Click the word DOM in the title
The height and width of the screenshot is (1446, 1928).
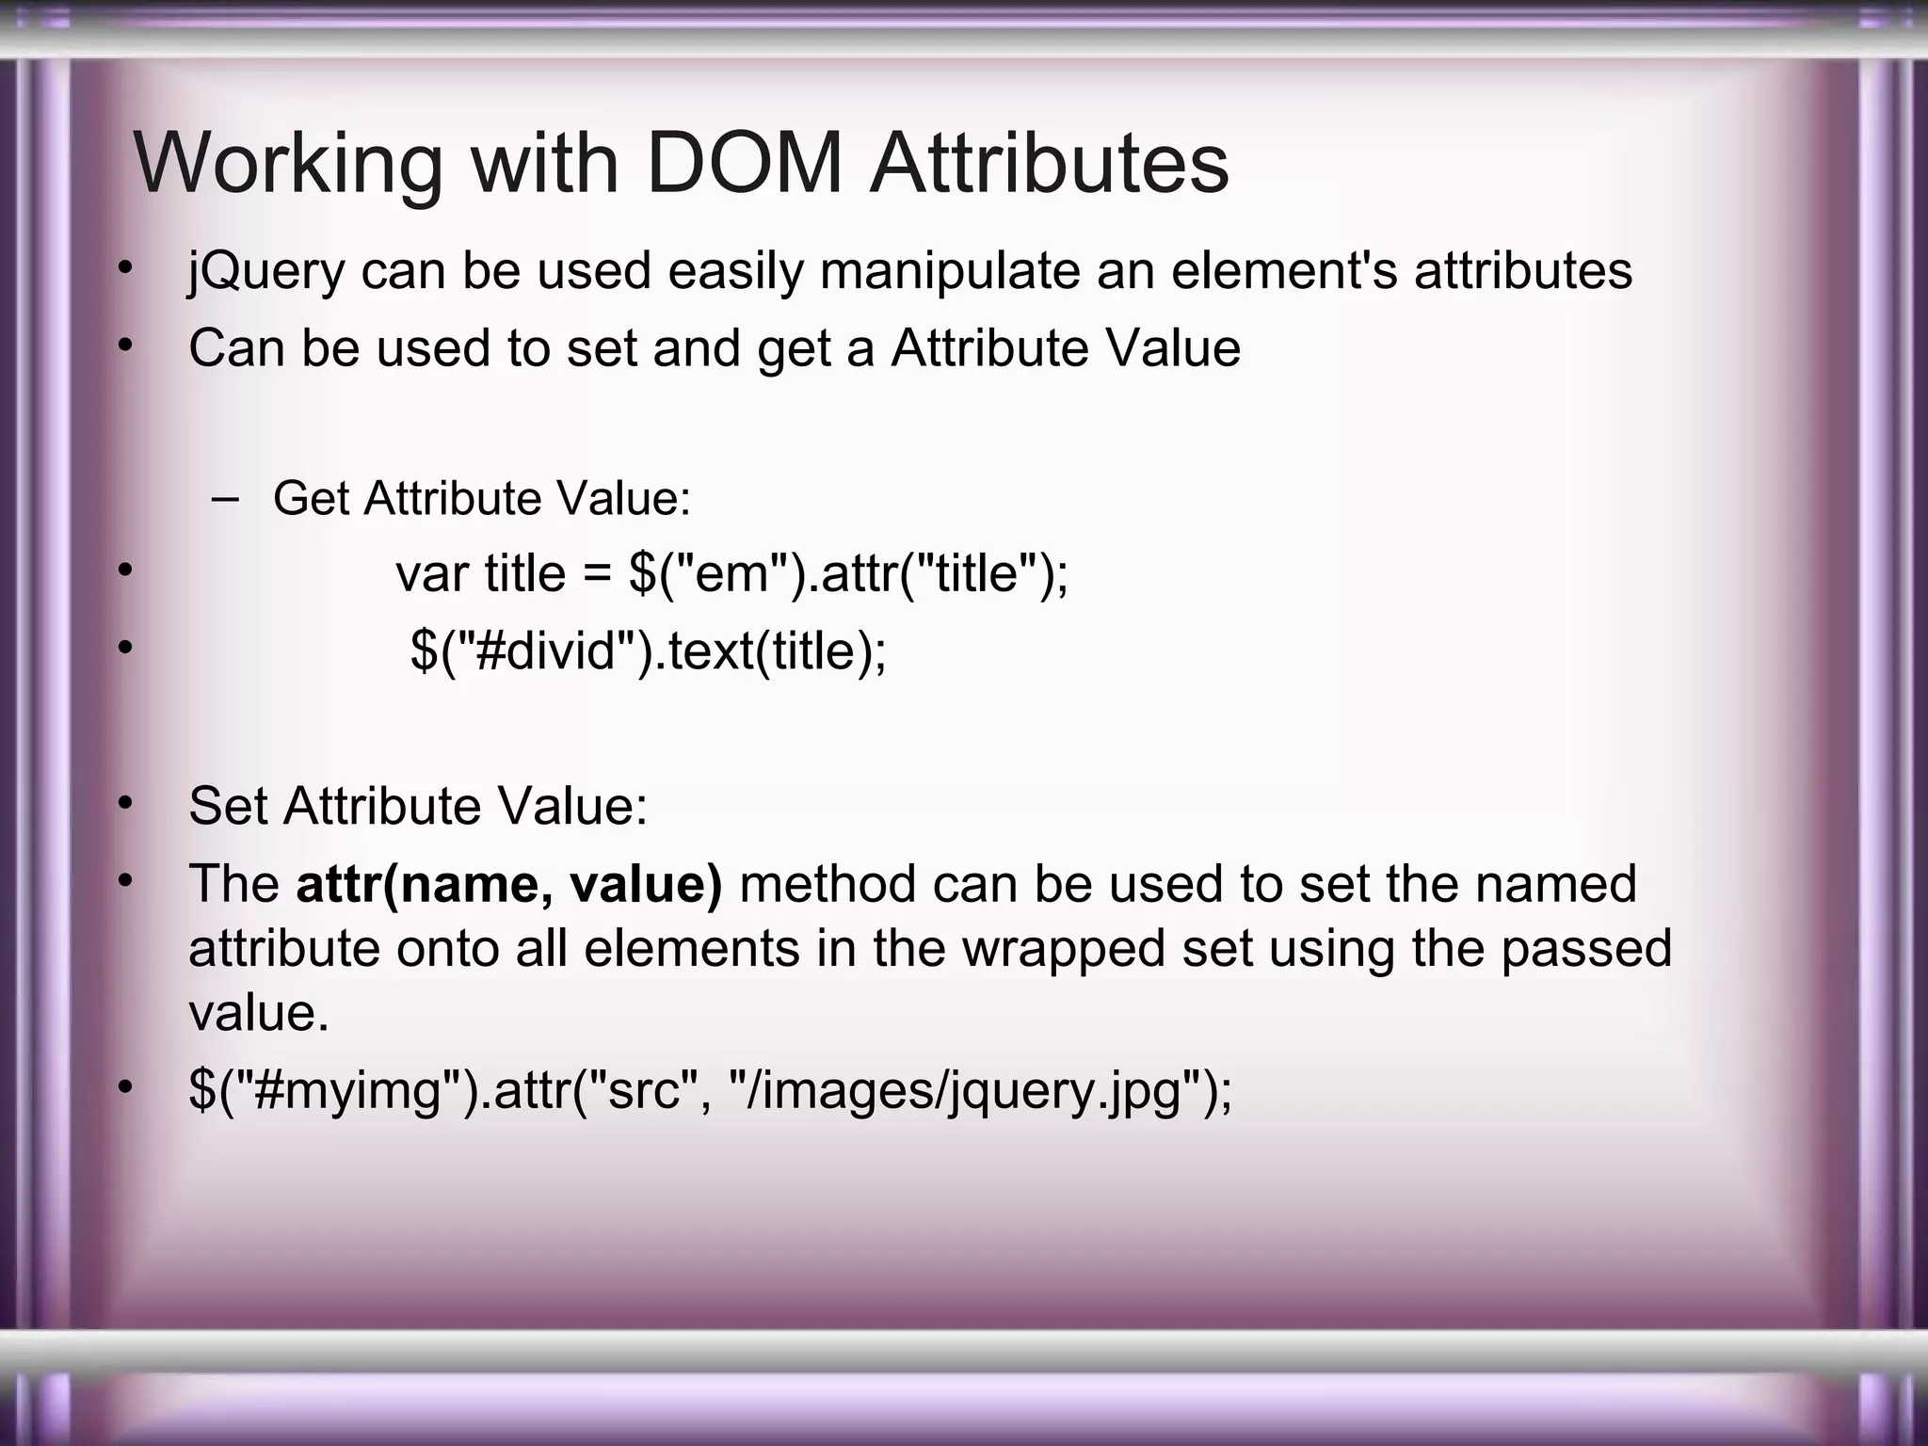(x=745, y=164)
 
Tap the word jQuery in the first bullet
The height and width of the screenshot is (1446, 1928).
(x=266, y=272)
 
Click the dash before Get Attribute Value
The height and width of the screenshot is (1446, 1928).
(x=226, y=498)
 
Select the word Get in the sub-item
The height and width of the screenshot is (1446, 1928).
(x=311, y=498)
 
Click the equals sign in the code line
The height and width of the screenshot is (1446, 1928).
(x=597, y=573)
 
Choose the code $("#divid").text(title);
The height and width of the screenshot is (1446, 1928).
(x=649, y=651)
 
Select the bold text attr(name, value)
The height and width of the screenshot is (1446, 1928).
(x=509, y=884)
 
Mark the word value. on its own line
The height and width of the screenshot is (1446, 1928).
(x=259, y=1013)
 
